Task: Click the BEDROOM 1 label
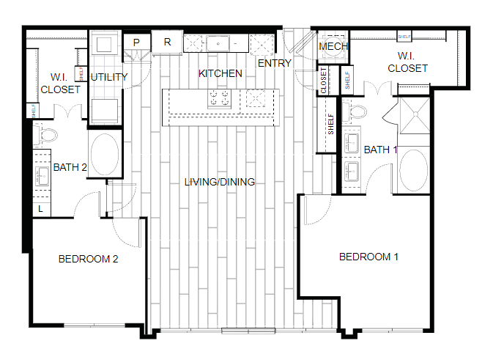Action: coord(368,257)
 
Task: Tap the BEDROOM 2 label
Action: coord(88,259)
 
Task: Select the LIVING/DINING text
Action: coord(219,182)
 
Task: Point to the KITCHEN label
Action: coord(220,73)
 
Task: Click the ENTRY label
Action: coord(275,63)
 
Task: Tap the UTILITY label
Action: coord(109,77)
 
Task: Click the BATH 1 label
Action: coord(380,150)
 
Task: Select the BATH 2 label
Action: coord(70,167)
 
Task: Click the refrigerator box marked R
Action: coord(167,42)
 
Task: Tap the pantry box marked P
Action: coord(136,43)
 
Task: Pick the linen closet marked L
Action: coord(40,210)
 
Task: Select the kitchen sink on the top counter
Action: coord(218,43)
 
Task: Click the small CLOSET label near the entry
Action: coord(324,80)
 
